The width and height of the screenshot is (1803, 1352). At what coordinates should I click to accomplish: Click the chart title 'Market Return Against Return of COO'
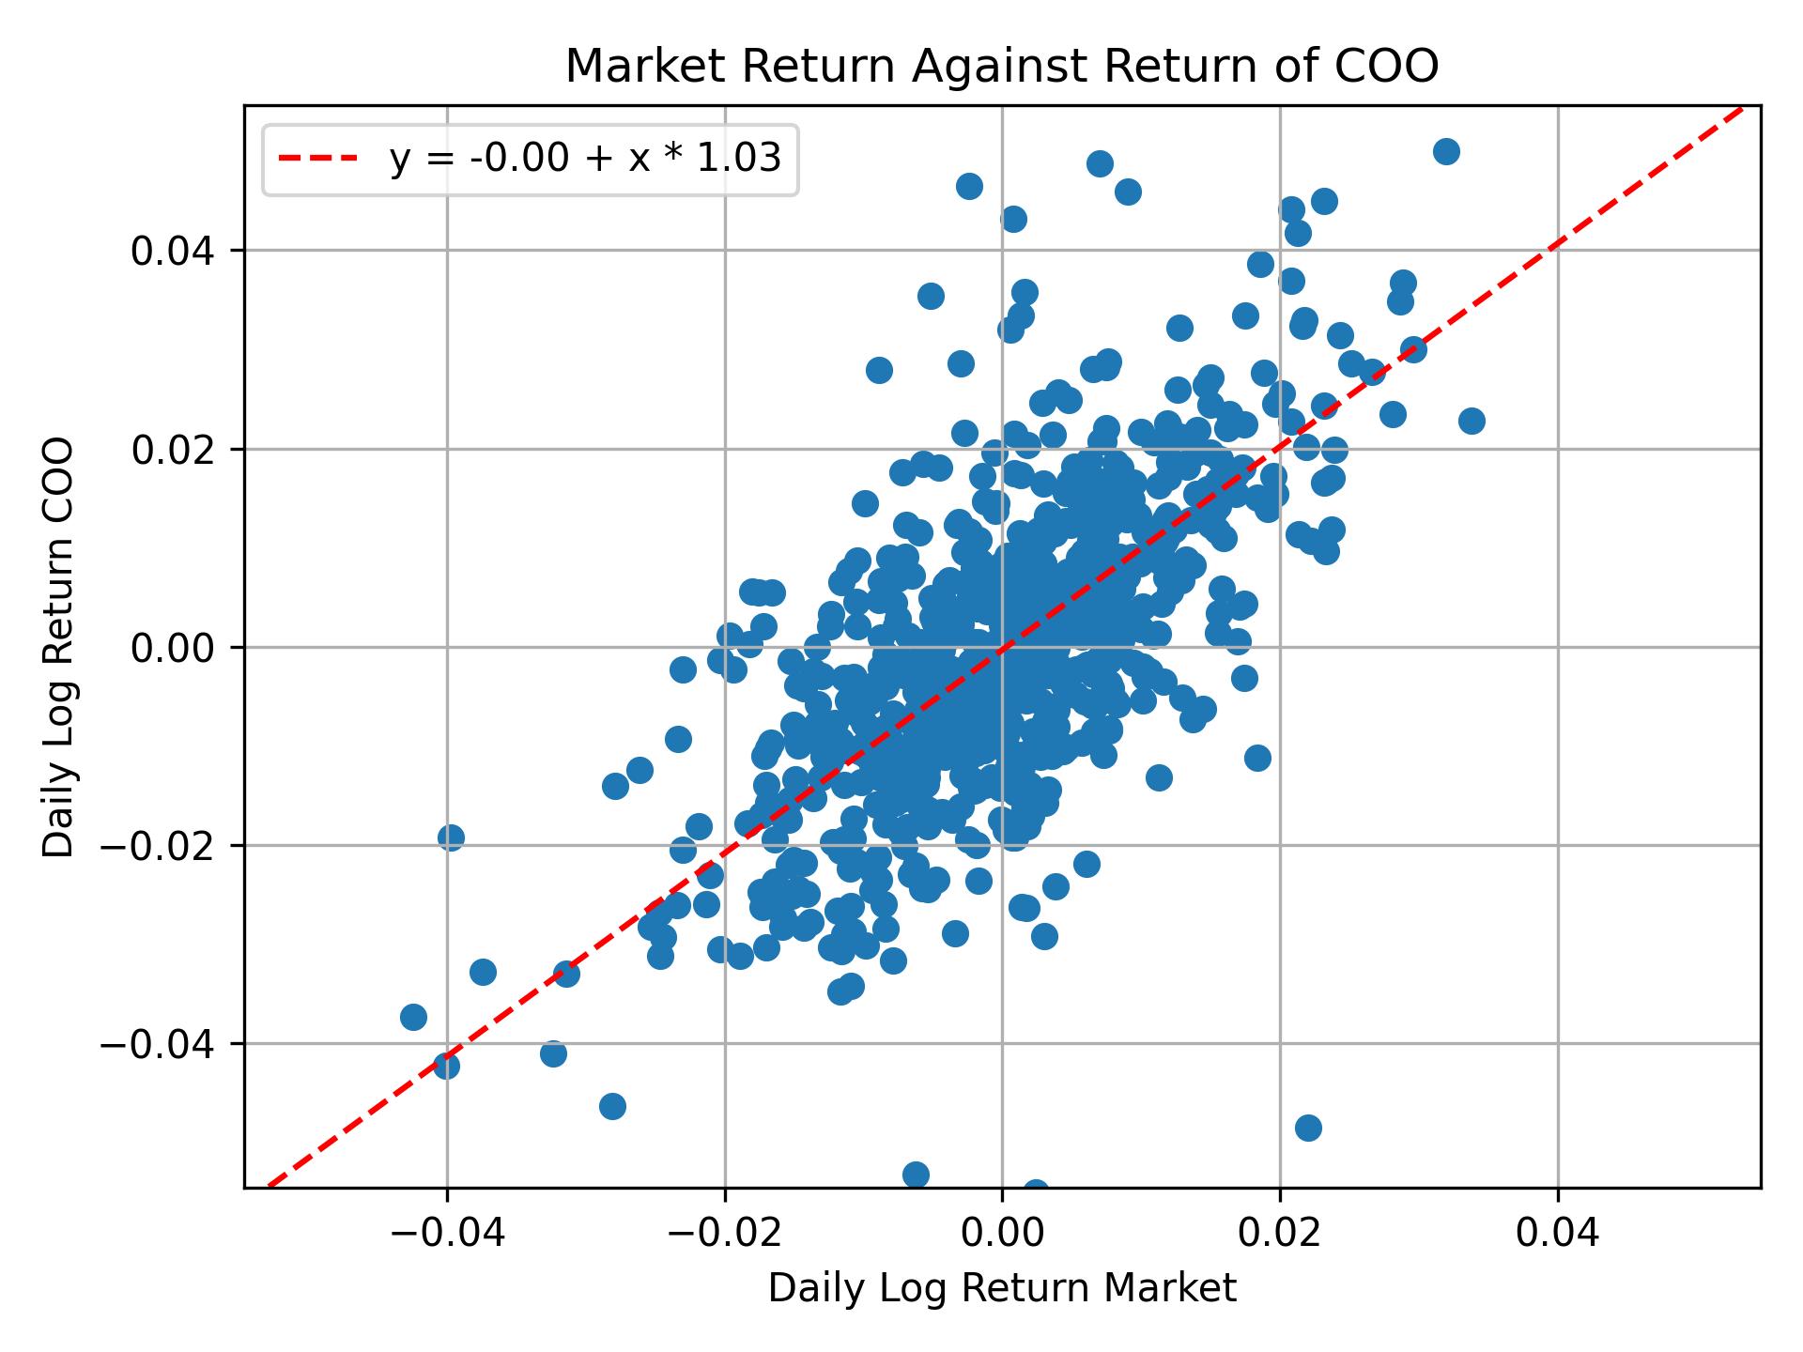pyautogui.click(x=1002, y=67)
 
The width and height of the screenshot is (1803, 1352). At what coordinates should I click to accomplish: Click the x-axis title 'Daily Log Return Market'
pyautogui.click(x=1002, y=1289)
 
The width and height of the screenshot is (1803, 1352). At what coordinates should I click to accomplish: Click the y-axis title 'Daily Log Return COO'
pyautogui.click(x=59, y=647)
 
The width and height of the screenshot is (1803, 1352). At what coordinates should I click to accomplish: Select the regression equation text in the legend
pyautogui.click(x=585, y=160)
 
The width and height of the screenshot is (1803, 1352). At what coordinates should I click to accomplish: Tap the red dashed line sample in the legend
pyautogui.click(x=318, y=160)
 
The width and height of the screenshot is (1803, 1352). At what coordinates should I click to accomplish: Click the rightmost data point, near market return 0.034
pyautogui.click(x=1472, y=421)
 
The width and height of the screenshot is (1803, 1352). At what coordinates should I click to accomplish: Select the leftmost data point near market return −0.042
pyautogui.click(x=413, y=1017)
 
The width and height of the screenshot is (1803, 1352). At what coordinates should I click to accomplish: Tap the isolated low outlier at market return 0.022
pyautogui.click(x=1308, y=1128)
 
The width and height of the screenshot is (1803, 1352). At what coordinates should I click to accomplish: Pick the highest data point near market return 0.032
pyautogui.click(x=1446, y=151)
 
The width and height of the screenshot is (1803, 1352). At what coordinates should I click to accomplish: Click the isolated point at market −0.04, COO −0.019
pyautogui.click(x=451, y=837)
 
